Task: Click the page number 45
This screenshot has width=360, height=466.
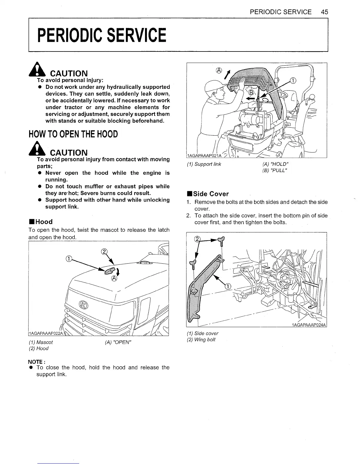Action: coord(324,12)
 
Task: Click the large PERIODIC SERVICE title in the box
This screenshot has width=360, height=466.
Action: coord(101,35)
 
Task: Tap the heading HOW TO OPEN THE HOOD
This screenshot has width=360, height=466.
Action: coord(73,134)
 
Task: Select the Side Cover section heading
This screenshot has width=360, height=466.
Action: coord(208,194)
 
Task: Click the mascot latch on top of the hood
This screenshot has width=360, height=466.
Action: coord(110,270)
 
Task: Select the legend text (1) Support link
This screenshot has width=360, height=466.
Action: coord(204,164)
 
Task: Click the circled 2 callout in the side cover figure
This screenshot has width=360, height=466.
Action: coord(197,239)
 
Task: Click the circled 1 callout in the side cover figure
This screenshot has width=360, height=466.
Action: coord(228,287)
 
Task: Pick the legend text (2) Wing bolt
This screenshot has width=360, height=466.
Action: coord(201,340)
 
